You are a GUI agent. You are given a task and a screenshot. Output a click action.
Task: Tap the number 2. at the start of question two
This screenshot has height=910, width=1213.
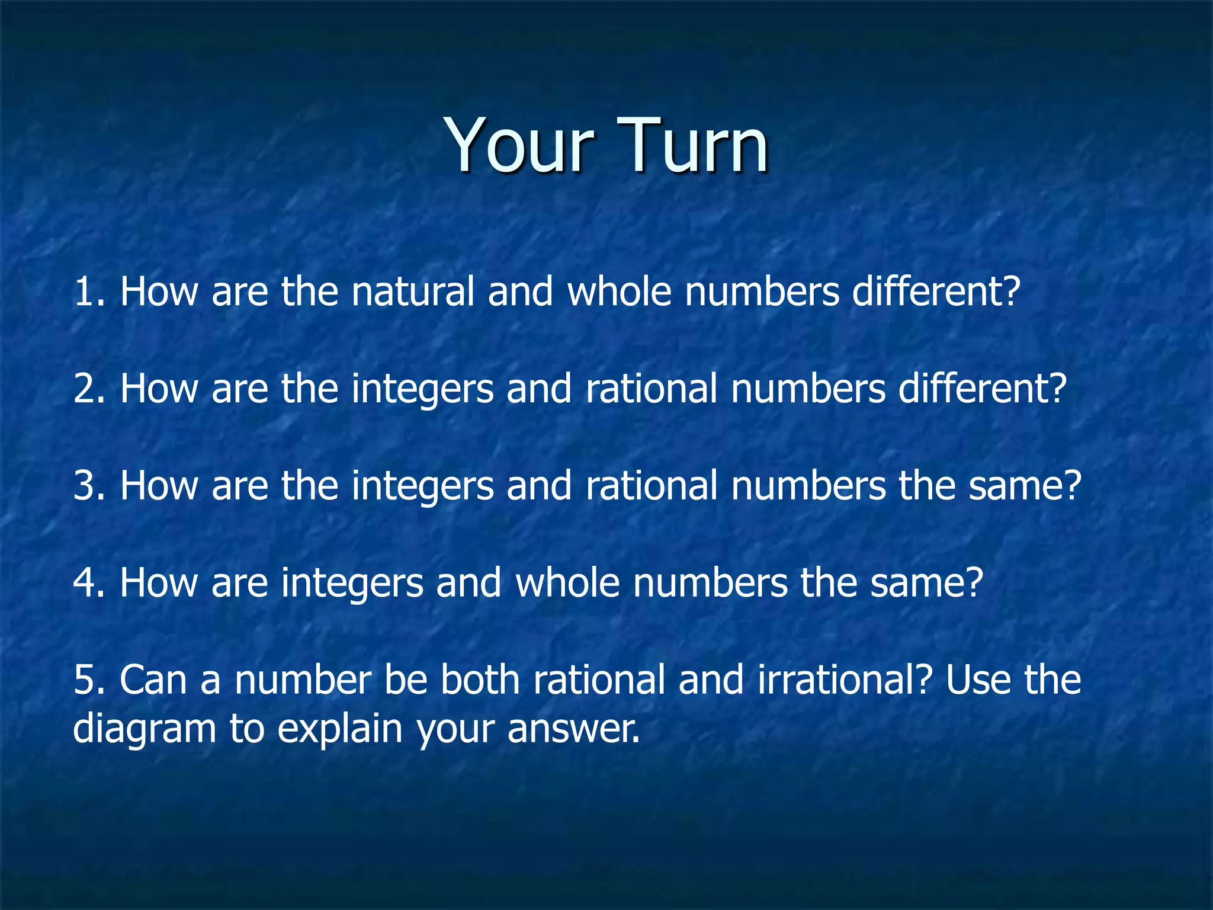click(x=89, y=389)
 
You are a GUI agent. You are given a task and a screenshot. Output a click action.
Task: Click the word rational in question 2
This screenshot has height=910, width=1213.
click(x=651, y=389)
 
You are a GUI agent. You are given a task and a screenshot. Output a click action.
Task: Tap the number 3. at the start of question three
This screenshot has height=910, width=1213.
click(x=89, y=486)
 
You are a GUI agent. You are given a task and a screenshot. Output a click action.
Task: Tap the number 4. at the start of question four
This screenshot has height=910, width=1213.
click(x=89, y=583)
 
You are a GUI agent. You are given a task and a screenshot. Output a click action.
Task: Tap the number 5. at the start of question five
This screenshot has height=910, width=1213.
click(x=89, y=680)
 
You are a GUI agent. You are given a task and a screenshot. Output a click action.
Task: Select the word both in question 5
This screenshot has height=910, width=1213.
click(x=480, y=680)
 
